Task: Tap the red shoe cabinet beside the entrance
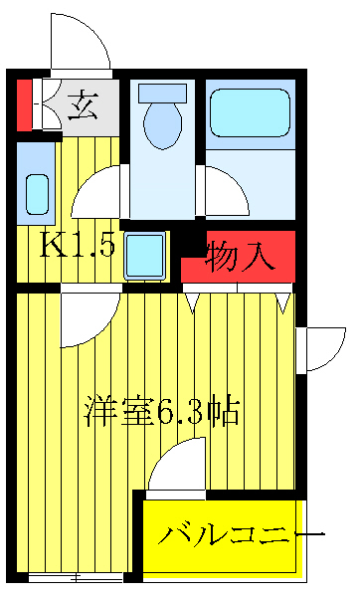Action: (24, 103)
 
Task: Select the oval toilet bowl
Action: (161, 125)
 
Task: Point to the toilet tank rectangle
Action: (161, 93)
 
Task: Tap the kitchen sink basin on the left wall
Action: (36, 191)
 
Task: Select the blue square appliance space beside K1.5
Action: (145, 257)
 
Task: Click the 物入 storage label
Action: (240, 257)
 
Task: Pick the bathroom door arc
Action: (223, 191)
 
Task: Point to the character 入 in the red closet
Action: (258, 257)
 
